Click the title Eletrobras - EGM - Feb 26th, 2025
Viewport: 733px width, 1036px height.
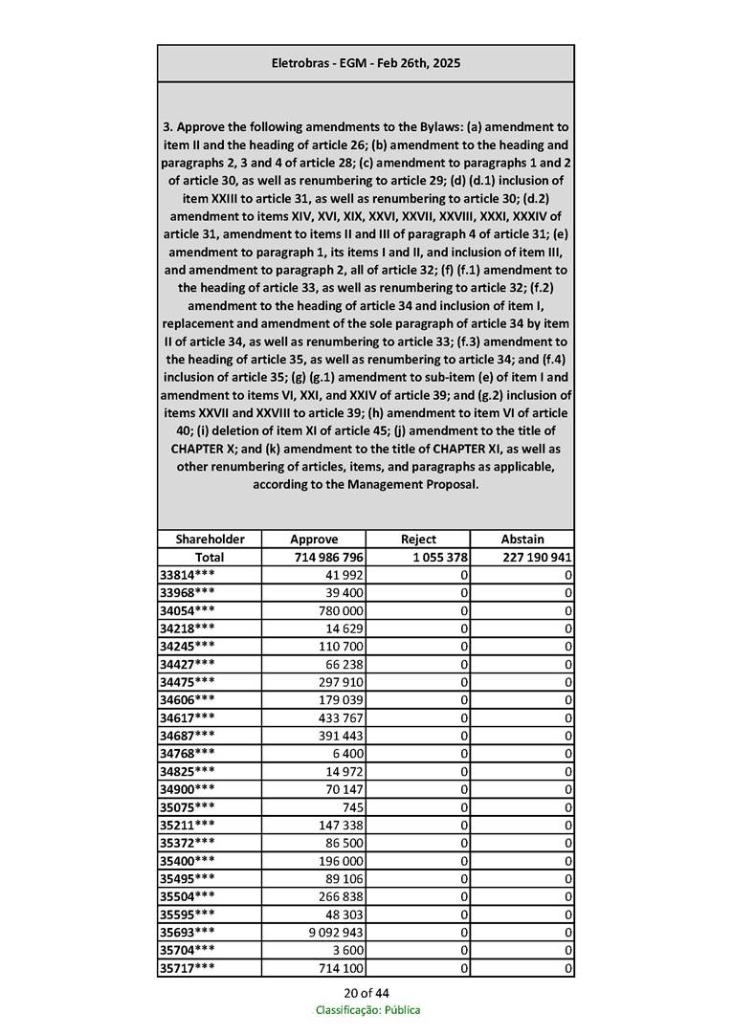coord(366,63)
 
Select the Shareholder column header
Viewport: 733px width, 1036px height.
coord(210,539)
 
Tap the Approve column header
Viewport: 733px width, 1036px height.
coord(314,539)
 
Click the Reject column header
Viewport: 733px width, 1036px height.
coord(418,539)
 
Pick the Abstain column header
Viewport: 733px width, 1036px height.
coord(522,539)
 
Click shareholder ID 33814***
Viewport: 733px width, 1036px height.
coord(187,575)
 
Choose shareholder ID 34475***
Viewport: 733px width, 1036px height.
coord(187,681)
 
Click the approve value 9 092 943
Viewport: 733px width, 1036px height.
coord(334,933)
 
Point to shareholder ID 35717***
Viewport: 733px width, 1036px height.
coord(187,969)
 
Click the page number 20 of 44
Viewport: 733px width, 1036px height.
coord(366,992)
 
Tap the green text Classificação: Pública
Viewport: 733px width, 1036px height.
coord(367,1010)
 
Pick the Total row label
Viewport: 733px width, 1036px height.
coord(210,557)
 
